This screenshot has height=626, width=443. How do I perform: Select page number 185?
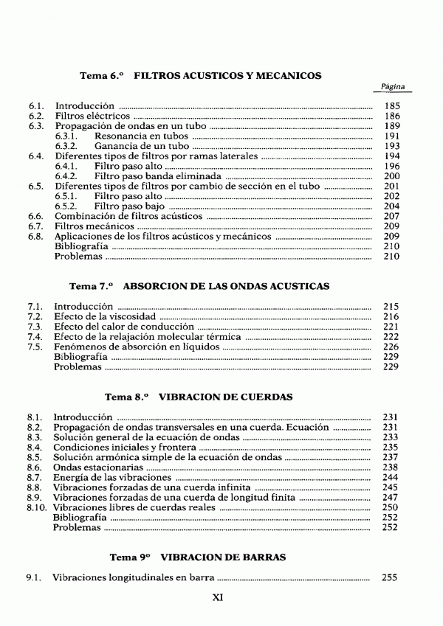(392, 106)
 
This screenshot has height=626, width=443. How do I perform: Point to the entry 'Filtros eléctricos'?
(92, 116)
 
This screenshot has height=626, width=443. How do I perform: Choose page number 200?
(392, 176)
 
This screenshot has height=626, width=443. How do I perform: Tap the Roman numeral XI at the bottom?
(218, 598)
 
